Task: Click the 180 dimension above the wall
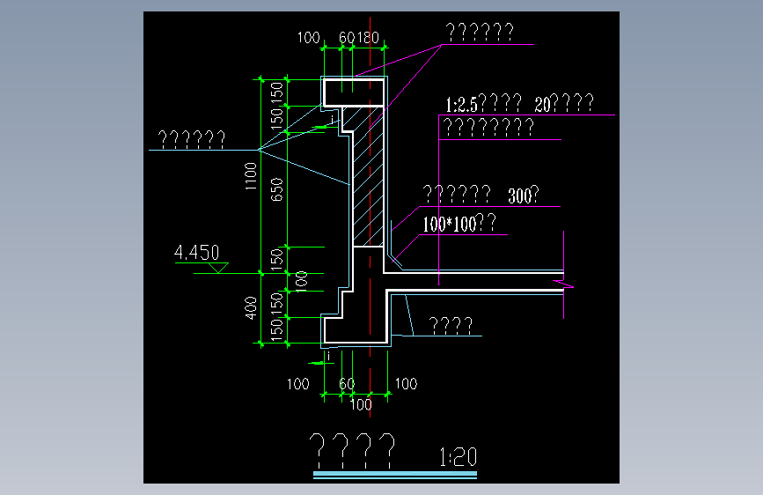tap(368, 38)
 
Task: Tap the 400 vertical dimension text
tap(251, 307)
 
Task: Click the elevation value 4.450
tap(197, 254)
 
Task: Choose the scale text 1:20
tap(457, 458)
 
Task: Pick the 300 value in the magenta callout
tap(520, 196)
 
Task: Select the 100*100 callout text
tap(449, 225)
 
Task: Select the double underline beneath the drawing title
tap(394, 477)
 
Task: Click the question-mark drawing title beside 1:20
tap(353, 450)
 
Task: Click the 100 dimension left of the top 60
tap(308, 38)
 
